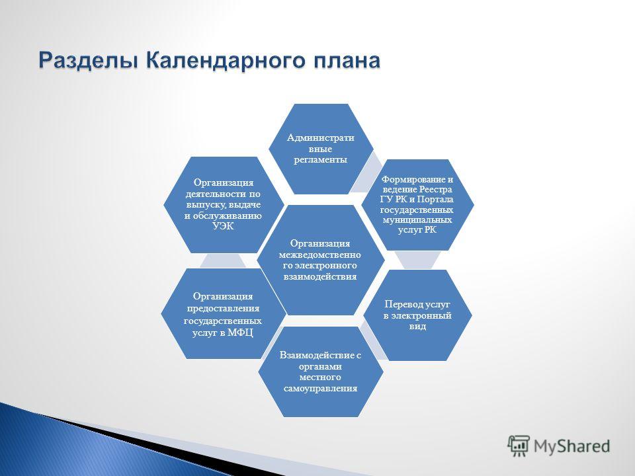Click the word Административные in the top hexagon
[320, 143]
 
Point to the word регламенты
[320, 159]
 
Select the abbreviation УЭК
[223, 226]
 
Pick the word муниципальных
[417, 220]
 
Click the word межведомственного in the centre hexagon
[320, 260]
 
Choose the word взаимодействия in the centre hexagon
[320, 277]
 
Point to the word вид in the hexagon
[417, 326]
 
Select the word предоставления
[223, 309]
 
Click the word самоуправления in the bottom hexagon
[320, 389]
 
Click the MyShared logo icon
[519, 446]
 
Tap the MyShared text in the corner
[571, 446]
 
